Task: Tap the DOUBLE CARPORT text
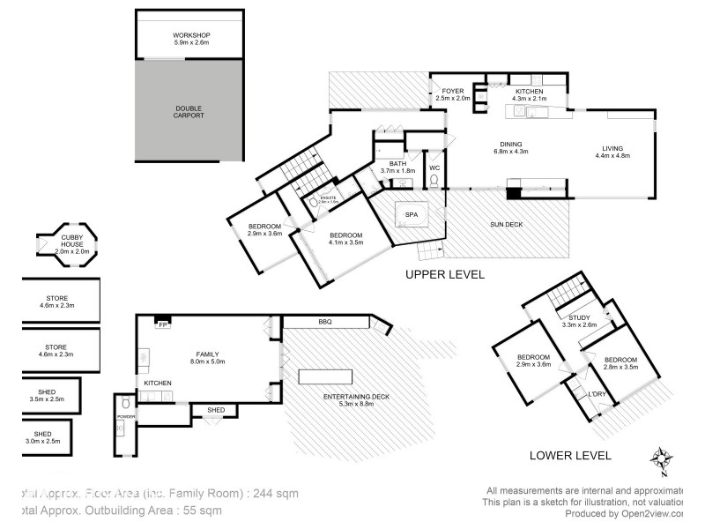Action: point(189,111)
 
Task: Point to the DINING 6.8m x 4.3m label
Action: point(511,147)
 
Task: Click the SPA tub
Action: point(410,216)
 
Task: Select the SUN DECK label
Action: point(507,225)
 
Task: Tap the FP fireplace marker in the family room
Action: point(163,324)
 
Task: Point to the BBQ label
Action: point(325,323)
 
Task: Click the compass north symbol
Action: point(662,460)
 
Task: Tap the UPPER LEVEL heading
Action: point(444,274)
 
